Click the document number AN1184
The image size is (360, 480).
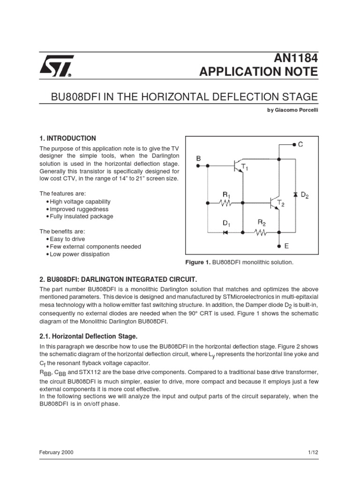click(296, 58)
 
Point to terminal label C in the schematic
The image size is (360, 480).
click(300, 145)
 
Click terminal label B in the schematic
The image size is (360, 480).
click(198, 159)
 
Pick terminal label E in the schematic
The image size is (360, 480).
click(286, 245)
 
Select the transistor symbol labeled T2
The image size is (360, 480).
click(275, 202)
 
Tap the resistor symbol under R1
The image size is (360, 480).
click(226, 203)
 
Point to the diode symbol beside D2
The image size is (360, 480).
click(295, 194)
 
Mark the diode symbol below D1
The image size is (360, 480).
click(225, 232)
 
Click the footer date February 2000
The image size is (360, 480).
click(56, 452)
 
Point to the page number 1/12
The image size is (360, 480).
click(313, 452)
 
